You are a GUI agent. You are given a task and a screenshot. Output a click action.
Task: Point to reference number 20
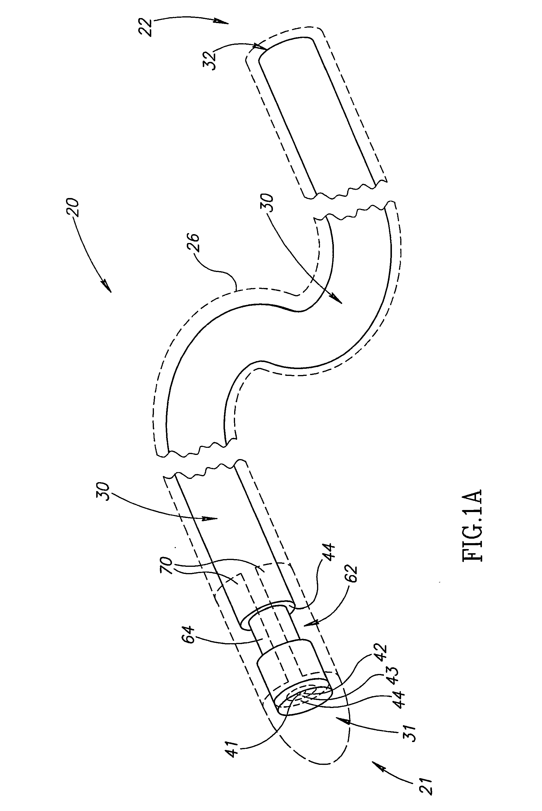point(73,207)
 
